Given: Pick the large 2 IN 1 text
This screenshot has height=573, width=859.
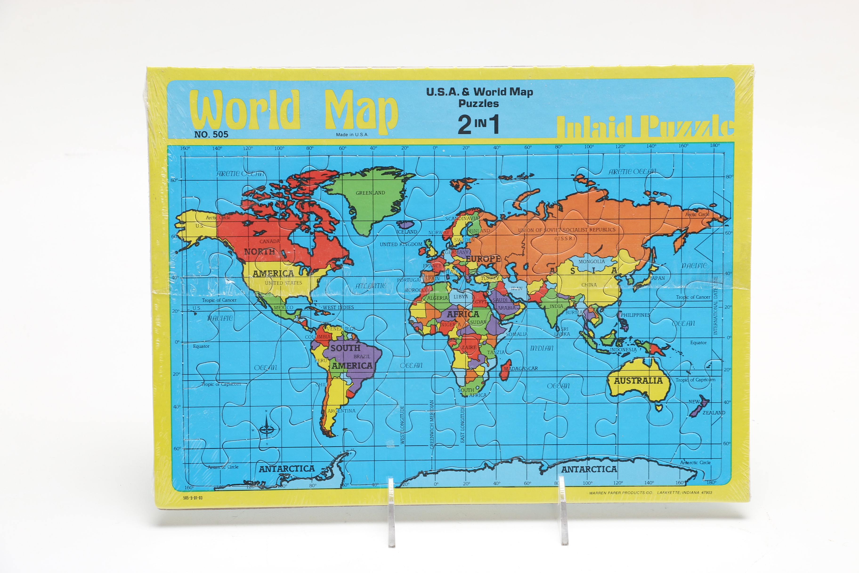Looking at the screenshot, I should (x=478, y=125).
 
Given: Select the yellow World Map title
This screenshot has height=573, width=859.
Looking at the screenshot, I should (x=294, y=110).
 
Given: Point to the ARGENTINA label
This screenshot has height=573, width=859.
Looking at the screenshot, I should (x=341, y=411).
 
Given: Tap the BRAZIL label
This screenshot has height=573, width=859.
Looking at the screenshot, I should (x=362, y=356).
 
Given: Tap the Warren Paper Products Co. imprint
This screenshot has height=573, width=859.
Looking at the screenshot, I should (x=650, y=493).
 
